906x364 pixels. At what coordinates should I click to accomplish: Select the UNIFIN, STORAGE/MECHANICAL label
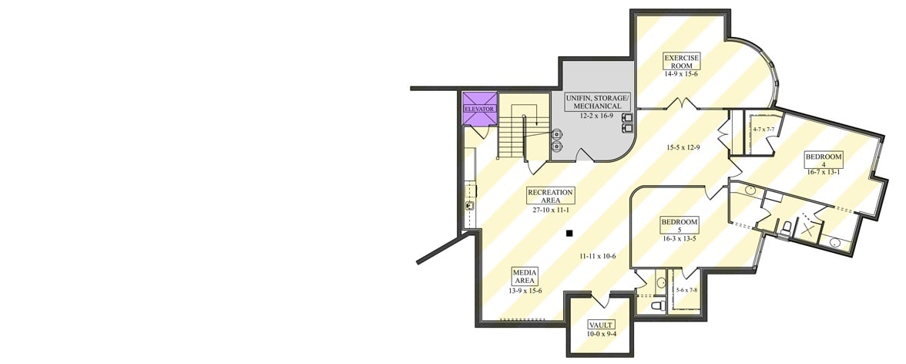pos(598,102)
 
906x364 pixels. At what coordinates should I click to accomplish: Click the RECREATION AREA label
pos(550,196)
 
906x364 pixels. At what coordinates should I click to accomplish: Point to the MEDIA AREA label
pos(525,275)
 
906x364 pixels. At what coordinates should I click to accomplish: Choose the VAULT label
pos(601,325)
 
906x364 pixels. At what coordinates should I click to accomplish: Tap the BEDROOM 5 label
pos(679,225)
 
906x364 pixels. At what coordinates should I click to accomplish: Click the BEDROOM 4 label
pos(824,160)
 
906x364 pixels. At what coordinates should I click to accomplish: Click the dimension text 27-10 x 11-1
pos(550,210)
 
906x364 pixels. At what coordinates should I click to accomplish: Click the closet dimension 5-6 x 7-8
pos(686,290)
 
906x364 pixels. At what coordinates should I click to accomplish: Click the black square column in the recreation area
pos(569,233)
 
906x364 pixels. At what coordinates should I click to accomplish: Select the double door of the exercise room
pos(682,104)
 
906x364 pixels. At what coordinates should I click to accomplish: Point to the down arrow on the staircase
pos(525,123)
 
